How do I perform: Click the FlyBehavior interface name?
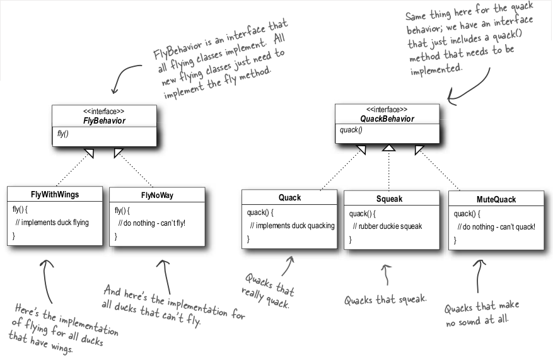105,121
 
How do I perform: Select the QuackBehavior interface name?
387,119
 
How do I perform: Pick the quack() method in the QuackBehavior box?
352,131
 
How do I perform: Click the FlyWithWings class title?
54,194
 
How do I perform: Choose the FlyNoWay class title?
156,195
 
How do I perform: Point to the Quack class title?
289,197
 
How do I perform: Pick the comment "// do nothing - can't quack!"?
496,226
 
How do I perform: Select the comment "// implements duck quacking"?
292,226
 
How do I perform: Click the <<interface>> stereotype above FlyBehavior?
104,112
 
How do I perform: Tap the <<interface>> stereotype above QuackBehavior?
387,109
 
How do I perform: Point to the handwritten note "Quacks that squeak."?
385,299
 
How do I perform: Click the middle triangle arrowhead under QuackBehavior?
389,147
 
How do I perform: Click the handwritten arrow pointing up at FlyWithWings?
45,277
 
